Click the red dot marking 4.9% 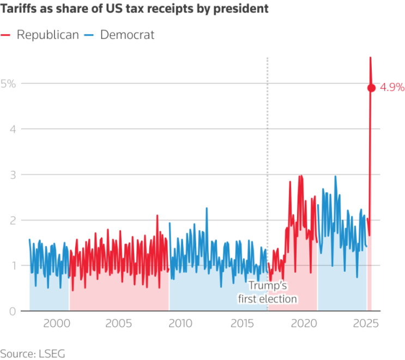pos(371,88)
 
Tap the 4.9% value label pos(392,87)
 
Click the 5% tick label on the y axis pos(8,84)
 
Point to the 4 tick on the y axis pos(13,129)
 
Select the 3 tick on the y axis pos(13,175)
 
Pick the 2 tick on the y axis pos(13,220)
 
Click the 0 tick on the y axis pos(13,311)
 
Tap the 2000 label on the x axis pos(57,323)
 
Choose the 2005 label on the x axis pos(118,323)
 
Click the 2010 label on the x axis pos(180,323)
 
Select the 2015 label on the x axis pos(242,323)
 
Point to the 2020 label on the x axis pos(304,323)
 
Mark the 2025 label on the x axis pos(366,323)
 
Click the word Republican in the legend pos(48,34)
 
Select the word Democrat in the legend pos(128,34)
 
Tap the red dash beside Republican pos(5,35)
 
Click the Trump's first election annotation pos(268,292)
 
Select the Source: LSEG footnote pos(33,353)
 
